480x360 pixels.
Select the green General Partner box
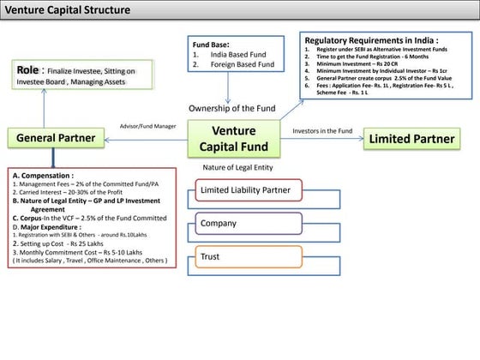53,138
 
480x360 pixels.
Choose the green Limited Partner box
412,139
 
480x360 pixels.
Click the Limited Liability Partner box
245,189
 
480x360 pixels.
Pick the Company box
245,223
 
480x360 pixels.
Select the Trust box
245,256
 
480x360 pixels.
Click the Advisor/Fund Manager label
147,125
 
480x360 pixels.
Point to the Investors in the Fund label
322,131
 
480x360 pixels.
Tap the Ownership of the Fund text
233,108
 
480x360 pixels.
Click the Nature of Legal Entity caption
237,167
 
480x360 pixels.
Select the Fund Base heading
211,45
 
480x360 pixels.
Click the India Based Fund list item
234,54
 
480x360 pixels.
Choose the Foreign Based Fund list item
238,63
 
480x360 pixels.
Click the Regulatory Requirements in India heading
371,40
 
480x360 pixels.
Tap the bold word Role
27,68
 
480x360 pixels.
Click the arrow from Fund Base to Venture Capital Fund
229,88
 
